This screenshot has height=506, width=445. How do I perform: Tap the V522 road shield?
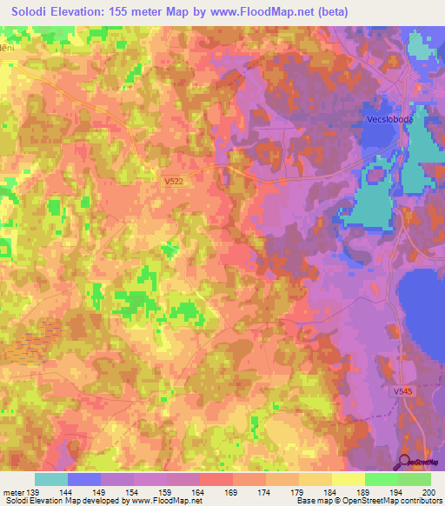pyautogui.click(x=174, y=181)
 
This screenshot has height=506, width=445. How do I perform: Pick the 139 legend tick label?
pyautogui.click(x=35, y=491)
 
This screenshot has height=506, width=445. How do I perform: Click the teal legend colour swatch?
pyautogui.click(x=51, y=479)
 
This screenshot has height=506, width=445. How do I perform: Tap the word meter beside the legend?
pyautogui.click(x=13, y=491)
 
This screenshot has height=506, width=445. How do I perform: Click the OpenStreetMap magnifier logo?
pyautogui.click(x=405, y=462)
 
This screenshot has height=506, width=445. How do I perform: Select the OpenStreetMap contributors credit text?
pyautogui.click(x=392, y=502)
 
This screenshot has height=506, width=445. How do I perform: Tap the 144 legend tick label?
pyautogui.click(x=68, y=491)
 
